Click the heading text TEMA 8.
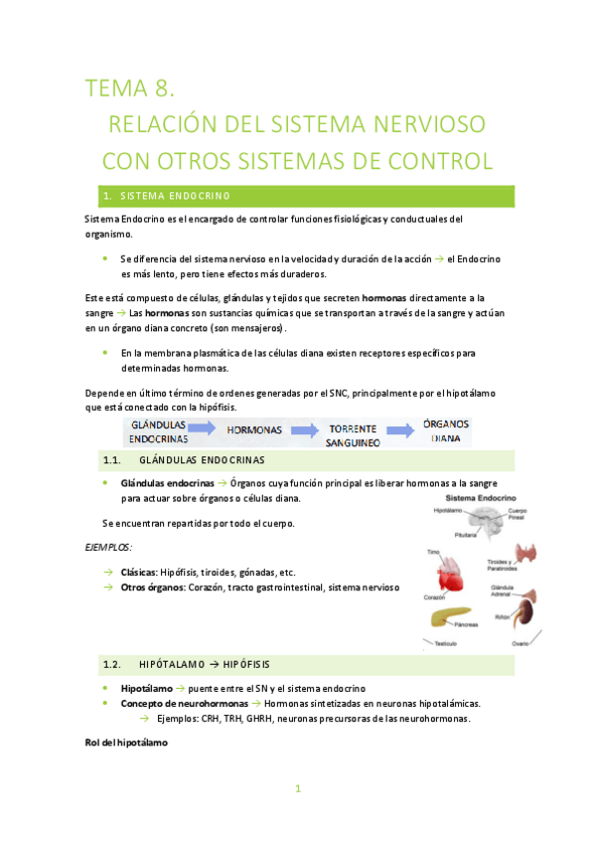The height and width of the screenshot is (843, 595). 130,89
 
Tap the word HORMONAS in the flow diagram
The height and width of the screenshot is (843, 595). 254,430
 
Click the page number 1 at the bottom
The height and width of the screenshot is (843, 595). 297,789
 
